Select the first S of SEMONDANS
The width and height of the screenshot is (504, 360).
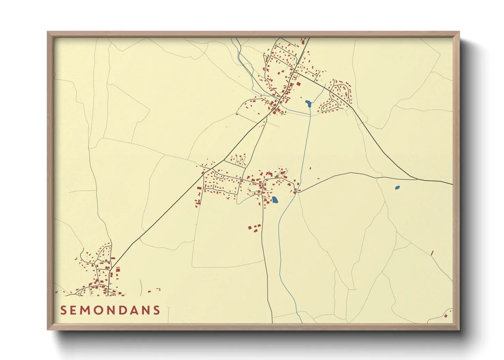tap(63, 310)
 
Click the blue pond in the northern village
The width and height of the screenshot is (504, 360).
tap(308, 103)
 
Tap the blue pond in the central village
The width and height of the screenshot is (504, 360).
tap(274, 200)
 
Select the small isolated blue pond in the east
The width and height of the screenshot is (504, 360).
tap(397, 187)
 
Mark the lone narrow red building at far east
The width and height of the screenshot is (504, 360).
tap(432, 253)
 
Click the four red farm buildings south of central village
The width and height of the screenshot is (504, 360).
tap(254, 228)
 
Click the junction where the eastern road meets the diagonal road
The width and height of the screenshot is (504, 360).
tap(417, 179)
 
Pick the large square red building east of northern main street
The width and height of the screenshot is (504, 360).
tap(299, 84)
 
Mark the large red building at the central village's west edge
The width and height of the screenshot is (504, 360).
tap(199, 188)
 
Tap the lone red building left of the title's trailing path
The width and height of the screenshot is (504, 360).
tap(149, 291)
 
